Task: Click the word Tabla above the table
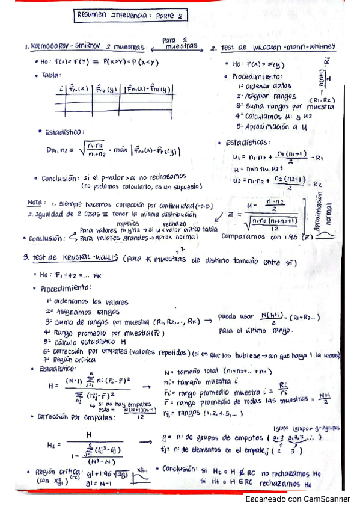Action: click(53, 75)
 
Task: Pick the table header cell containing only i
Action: click(63, 90)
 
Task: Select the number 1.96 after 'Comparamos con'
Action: click(295, 236)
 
